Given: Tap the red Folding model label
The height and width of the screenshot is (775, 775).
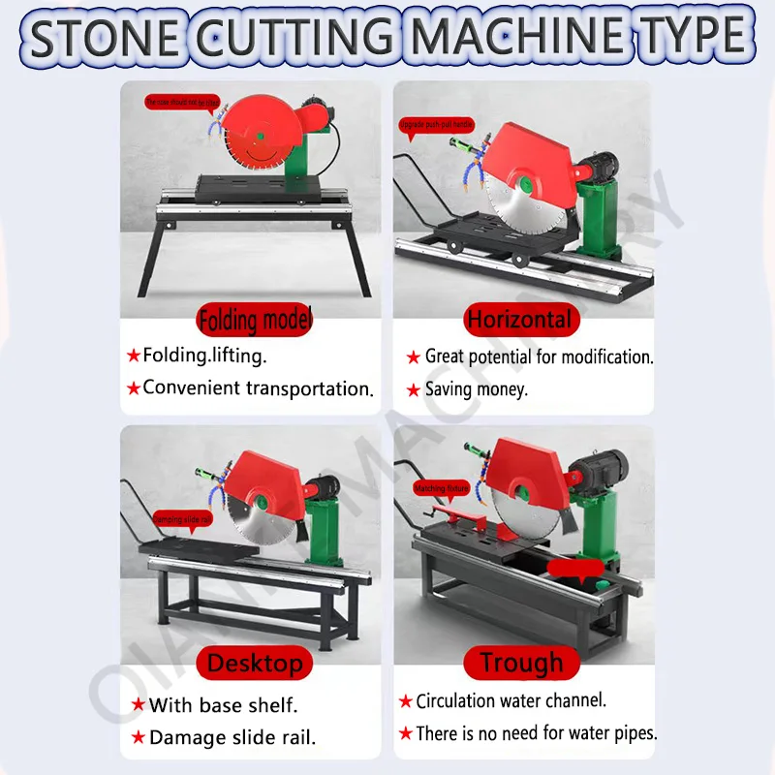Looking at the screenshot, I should click(x=255, y=319).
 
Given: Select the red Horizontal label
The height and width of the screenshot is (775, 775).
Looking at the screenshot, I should click(x=519, y=319).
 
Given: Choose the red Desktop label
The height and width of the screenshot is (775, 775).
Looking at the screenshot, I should click(x=255, y=664).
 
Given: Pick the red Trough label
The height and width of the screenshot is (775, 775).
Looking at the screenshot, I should click(x=520, y=664).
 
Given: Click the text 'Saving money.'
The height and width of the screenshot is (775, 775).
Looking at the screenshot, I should click(x=476, y=389).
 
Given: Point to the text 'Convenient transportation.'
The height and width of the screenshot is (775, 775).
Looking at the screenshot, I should click(x=258, y=388).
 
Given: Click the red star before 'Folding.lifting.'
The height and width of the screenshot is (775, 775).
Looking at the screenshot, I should click(x=133, y=356).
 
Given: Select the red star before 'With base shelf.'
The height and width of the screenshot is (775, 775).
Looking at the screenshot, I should click(x=138, y=705).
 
